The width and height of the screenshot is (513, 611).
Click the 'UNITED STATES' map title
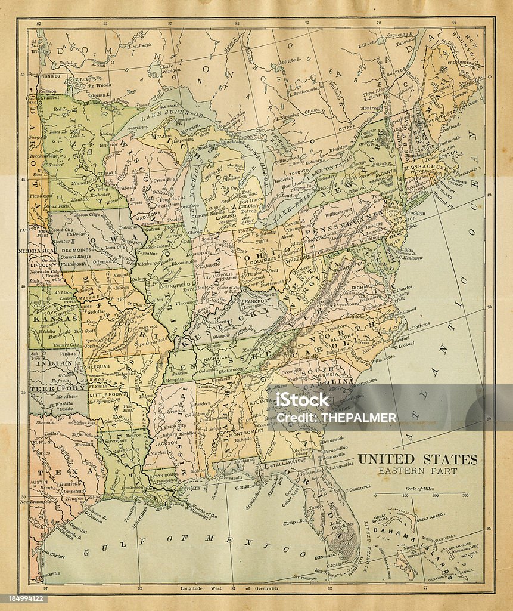click(417, 459)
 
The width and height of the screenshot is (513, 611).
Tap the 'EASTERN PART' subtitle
click(418, 471)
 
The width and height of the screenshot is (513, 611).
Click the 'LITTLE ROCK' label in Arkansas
click(105, 395)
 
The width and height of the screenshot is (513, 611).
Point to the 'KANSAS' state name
click(55, 318)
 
